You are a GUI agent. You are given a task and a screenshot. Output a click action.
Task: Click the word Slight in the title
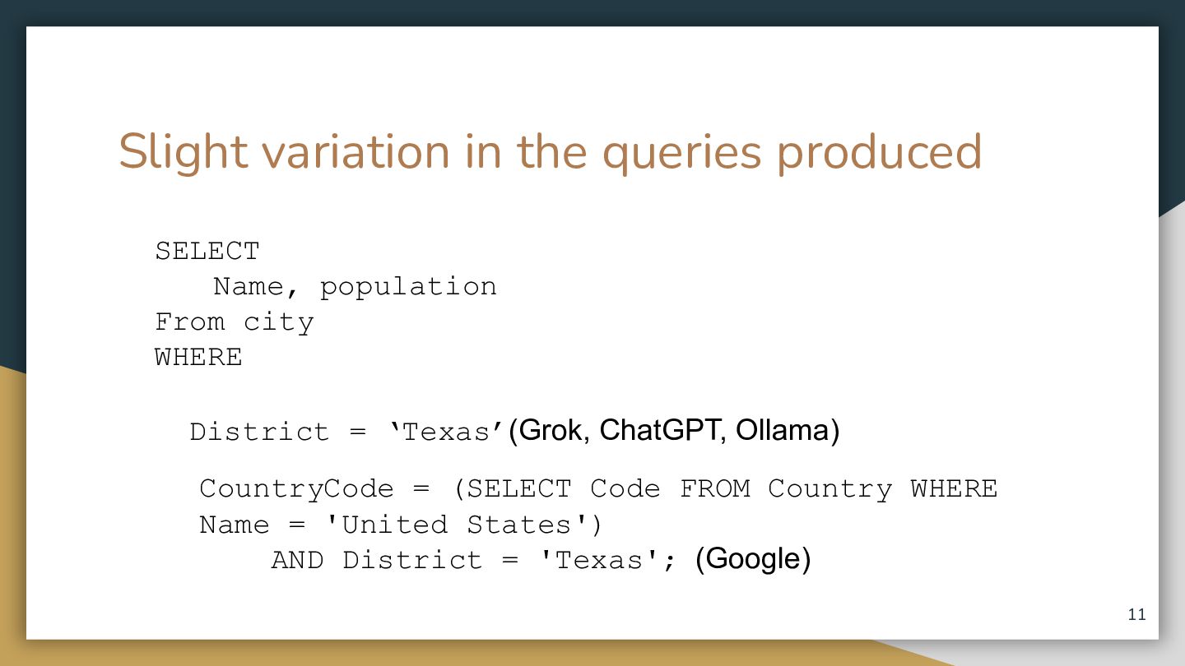click(x=183, y=152)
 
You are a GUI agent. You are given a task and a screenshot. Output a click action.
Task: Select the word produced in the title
click(x=879, y=152)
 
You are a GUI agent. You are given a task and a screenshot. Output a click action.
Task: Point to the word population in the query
click(x=408, y=288)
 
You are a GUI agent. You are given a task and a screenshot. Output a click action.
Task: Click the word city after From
click(x=279, y=322)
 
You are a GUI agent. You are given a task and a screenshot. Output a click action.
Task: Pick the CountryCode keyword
click(x=297, y=489)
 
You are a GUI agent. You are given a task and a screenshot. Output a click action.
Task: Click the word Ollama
click(x=782, y=429)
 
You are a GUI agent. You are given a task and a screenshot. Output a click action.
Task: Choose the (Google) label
click(x=753, y=559)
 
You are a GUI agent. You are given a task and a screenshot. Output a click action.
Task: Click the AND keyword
click(x=297, y=560)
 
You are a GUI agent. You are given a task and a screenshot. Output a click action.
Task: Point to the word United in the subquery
click(x=395, y=525)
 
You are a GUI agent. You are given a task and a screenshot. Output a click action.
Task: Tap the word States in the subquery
click(x=519, y=525)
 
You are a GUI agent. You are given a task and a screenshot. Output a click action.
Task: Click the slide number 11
click(x=1137, y=614)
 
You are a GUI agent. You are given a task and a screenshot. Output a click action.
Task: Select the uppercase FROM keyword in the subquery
click(x=714, y=488)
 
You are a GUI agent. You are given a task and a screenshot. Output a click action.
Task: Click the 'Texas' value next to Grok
click(x=445, y=432)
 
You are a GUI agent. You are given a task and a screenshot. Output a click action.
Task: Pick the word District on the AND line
click(x=412, y=560)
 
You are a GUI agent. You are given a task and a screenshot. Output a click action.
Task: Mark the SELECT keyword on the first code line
click(x=207, y=251)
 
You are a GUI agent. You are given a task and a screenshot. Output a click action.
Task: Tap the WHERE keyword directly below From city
click(x=198, y=358)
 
